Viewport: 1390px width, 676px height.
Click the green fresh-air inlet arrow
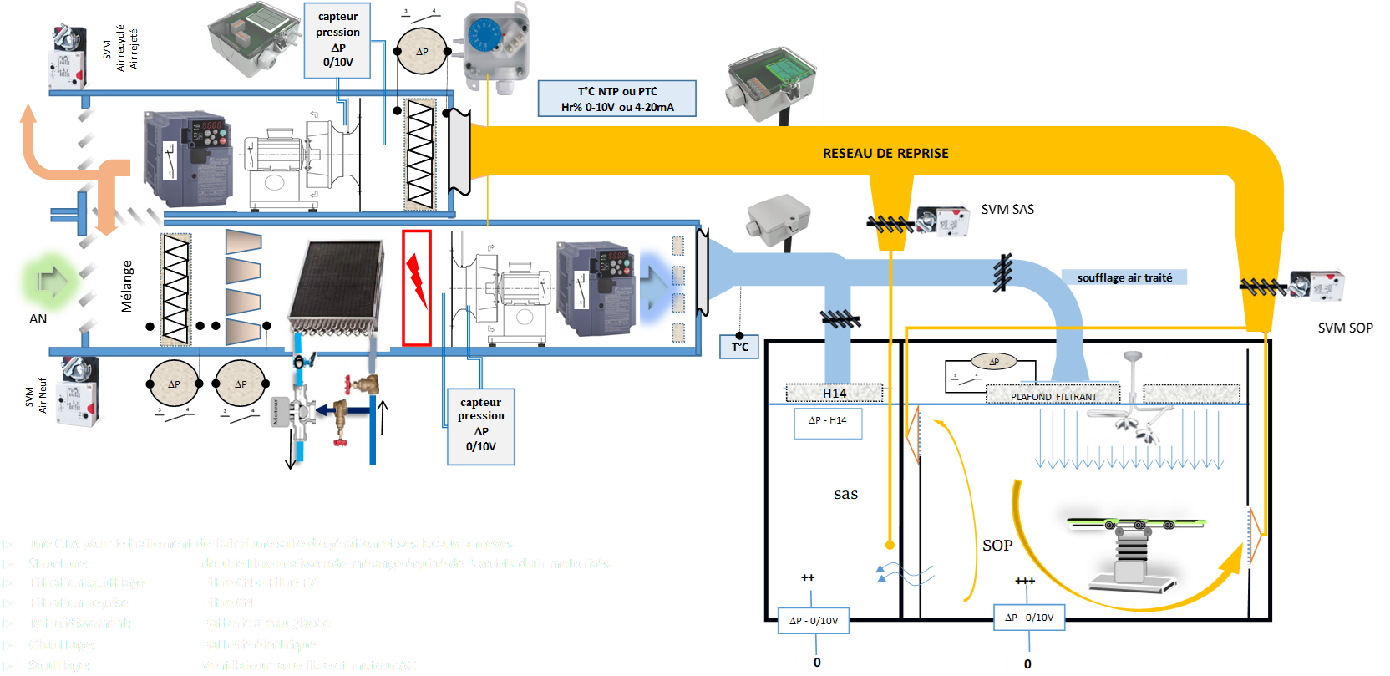50,282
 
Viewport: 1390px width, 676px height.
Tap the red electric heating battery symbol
417,287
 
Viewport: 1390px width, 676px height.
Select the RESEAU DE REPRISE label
885,154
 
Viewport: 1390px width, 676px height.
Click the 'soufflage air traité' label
1124,277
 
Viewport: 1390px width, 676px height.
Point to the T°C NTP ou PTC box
617,99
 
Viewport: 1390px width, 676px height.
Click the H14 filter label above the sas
835,393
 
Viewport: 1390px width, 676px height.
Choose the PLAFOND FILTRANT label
1053,396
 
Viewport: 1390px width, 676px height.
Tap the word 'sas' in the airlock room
845,494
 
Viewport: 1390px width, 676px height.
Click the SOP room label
997,545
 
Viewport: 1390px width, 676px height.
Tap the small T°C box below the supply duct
740,347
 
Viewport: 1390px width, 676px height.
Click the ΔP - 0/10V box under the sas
814,621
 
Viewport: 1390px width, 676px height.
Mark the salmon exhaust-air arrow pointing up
30,134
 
